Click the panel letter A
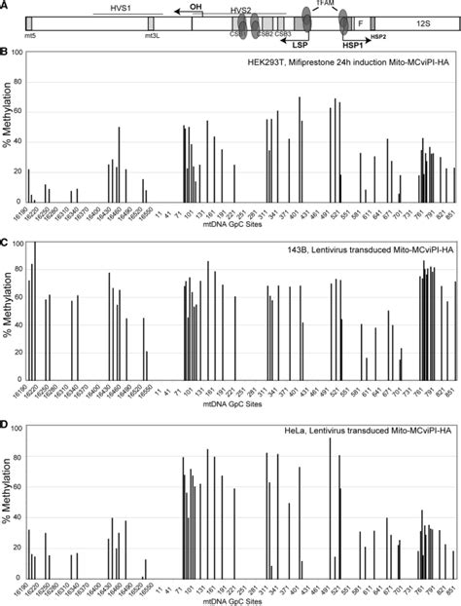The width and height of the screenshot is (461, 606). [5, 5]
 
